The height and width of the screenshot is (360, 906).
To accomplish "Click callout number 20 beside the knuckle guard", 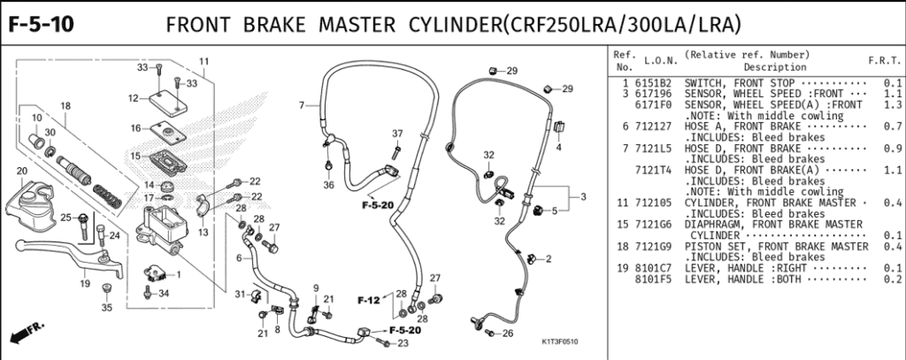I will (x=21, y=171).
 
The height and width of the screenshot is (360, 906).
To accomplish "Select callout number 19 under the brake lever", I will (x=86, y=284).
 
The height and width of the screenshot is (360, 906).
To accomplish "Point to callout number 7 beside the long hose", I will (x=301, y=106).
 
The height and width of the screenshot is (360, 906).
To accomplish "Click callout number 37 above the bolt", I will (x=397, y=133).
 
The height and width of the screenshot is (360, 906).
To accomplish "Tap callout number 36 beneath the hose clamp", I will (x=328, y=185).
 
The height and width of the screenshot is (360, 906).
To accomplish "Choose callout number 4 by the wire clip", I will (x=558, y=148).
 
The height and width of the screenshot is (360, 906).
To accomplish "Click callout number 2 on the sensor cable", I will (x=549, y=259).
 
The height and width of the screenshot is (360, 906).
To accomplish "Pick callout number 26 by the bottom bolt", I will (x=507, y=333).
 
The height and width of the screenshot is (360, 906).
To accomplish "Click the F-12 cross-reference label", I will (x=368, y=300).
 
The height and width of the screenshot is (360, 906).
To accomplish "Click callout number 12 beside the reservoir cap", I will (x=133, y=98).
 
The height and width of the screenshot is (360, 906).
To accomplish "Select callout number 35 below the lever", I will (x=106, y=308).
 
